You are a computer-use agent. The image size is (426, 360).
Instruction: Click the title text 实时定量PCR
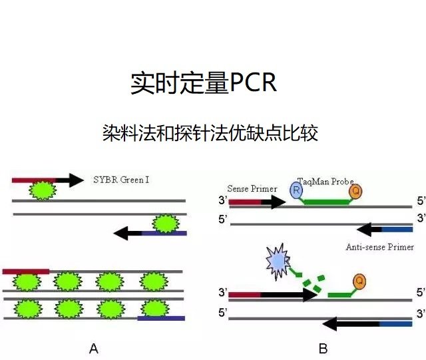click(203, 84)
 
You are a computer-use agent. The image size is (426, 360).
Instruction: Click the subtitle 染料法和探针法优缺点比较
click(210, 133)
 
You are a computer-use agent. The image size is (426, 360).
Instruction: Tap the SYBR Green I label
click(120, 180)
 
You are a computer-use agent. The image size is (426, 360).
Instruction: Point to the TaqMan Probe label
click(325, 182)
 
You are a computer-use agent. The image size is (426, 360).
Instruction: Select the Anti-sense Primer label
click(379, 247)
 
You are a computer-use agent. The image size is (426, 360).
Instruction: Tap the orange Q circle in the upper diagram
click(356, 192)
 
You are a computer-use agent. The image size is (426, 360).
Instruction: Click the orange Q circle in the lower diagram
click(359, 281)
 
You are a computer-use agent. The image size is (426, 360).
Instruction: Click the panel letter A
click(94, 348)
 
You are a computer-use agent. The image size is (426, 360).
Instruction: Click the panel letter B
click(323, 348)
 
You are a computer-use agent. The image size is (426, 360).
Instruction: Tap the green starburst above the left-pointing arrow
click(164, 223)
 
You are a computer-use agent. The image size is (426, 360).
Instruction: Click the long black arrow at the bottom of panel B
click(351, 324)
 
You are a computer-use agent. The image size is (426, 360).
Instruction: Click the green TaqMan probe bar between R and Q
click(326, 201)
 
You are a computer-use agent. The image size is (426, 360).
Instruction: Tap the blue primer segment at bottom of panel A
click(161, 319)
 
